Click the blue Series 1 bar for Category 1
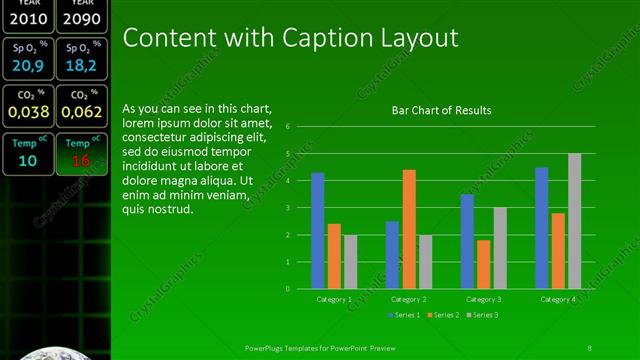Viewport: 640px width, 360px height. (318, 231)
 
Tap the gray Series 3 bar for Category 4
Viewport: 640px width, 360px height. (574, 221)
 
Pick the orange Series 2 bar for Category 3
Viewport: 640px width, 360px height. (484, 264)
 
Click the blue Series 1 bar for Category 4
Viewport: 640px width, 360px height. (542, 228)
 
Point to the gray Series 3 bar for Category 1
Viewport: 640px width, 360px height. (350, 262)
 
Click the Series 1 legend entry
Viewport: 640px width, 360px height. (404, 315)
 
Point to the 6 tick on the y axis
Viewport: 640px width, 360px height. (288, 127)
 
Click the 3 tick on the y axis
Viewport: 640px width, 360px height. (288, 208)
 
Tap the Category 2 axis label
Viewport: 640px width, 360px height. (408, 299)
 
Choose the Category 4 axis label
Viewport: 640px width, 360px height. (558, 299)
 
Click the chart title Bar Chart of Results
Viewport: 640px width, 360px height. (441, 110)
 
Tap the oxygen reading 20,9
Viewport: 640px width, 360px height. (28, 66)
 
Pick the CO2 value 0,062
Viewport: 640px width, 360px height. (81, 112)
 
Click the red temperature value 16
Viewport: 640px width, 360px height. (81, 160)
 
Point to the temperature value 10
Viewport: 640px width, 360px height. (28, 160)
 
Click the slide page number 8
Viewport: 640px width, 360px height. (590, 348)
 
